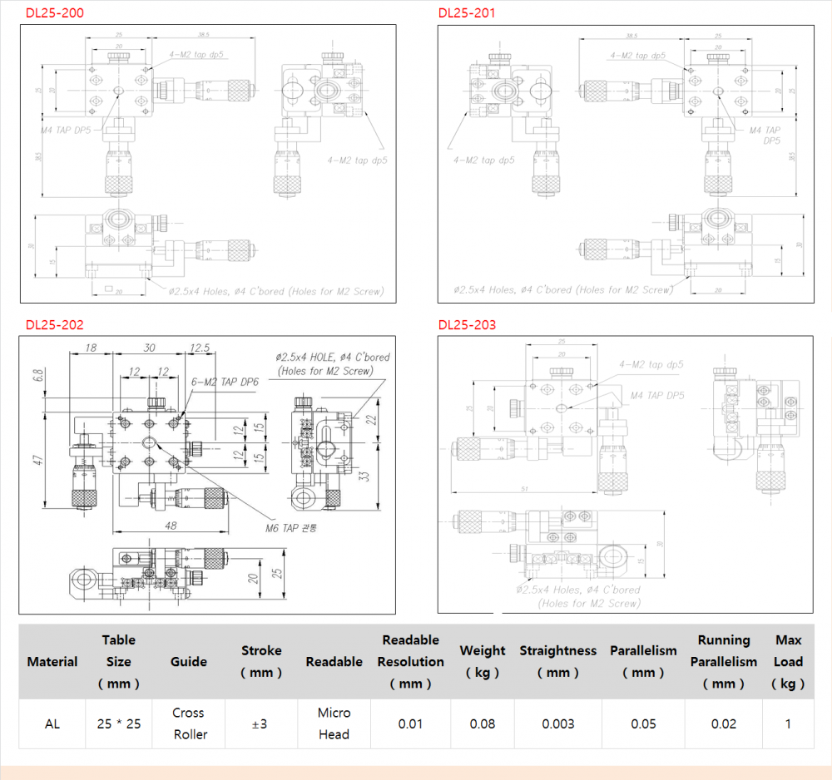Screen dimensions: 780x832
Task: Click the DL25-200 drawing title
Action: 55,13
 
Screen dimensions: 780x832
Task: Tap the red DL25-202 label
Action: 55,325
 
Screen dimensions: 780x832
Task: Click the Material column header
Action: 52,662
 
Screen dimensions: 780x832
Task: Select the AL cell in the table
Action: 52,723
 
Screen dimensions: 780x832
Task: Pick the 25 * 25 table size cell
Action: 119,723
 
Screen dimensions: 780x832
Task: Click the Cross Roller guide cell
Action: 189,723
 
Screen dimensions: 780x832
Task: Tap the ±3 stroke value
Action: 260,723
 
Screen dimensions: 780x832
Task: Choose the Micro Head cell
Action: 334,723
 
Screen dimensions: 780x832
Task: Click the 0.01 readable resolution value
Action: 410,723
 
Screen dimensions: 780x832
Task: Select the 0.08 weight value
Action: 483,723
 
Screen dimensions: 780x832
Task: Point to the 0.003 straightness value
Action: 558,723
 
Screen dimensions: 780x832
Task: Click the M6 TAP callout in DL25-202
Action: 291,527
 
